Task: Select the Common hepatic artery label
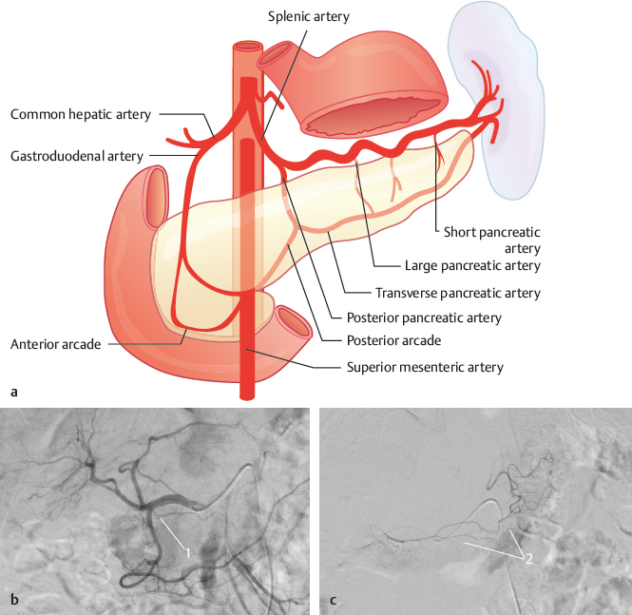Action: [81, 114]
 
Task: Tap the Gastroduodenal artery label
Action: [76, 154]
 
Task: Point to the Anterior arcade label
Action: [56, 344]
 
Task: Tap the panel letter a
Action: [12, 391]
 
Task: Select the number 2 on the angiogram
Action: [527, 559]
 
